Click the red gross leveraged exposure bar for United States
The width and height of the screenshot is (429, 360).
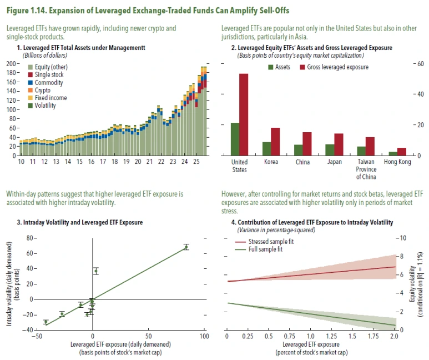(244, 115)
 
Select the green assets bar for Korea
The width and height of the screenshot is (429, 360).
(267, 149)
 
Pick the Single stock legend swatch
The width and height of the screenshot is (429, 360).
(30, 74)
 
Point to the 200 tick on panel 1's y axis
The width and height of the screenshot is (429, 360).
(10, 64)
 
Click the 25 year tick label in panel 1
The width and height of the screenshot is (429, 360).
(196, 162)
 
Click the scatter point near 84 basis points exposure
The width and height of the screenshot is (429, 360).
(186, 247)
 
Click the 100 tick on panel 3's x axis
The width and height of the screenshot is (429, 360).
(204, 336)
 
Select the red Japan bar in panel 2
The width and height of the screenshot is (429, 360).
(339, 144)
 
